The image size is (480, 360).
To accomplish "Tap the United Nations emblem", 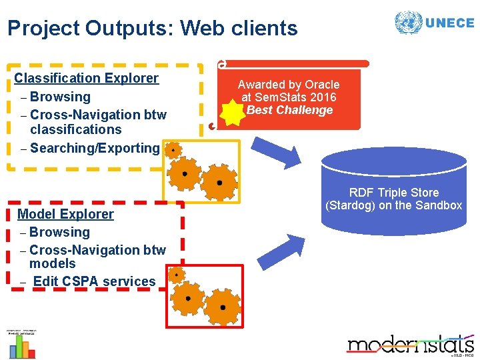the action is (x=408, y=22).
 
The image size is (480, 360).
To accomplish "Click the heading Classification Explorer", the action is (x=87, y=78).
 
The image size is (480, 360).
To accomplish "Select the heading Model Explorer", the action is (x=65, y=214).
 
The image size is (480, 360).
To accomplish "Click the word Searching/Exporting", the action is (x=95, y=148).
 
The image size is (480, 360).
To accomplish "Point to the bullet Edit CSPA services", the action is (x=94, y=281).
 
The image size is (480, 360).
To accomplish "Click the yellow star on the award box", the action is (x=233, y=114).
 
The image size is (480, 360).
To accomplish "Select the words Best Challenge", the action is (x=289, y=110).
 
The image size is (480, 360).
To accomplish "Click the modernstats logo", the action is (x=410, y=345).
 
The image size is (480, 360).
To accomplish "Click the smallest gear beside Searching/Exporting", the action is (x=173, y=151).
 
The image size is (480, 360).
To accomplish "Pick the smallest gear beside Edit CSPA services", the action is (x=176, y=274).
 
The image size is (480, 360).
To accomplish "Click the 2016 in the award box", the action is (x=323, y=97).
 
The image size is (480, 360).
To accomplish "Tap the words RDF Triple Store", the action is (x=394, y=193).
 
